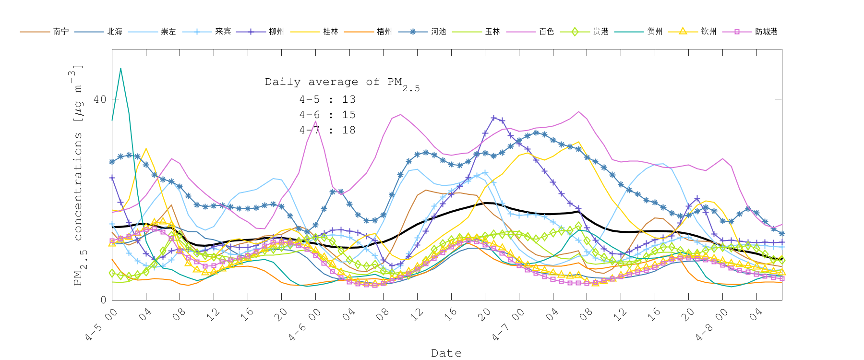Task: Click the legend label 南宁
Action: coord(61,32)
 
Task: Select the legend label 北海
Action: coord(115,32)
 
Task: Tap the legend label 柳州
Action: coord(276,32)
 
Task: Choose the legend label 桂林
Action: coord(331,32)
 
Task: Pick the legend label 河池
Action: coord(439,32)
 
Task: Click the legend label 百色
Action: coord(547,32)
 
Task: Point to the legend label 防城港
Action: coord(766,32)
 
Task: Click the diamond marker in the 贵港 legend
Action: coord(575,32)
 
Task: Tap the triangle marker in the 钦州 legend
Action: coord(683,32)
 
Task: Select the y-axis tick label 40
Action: coord(100,99)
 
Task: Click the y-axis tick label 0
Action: coord(103,300)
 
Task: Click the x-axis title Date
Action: coord(446,353)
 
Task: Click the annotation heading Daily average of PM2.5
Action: coord(342,83)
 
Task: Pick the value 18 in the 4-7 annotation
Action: coord(349,130)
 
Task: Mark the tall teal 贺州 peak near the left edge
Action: coord(120,69)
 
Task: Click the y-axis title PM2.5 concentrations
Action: coord(78,175)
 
